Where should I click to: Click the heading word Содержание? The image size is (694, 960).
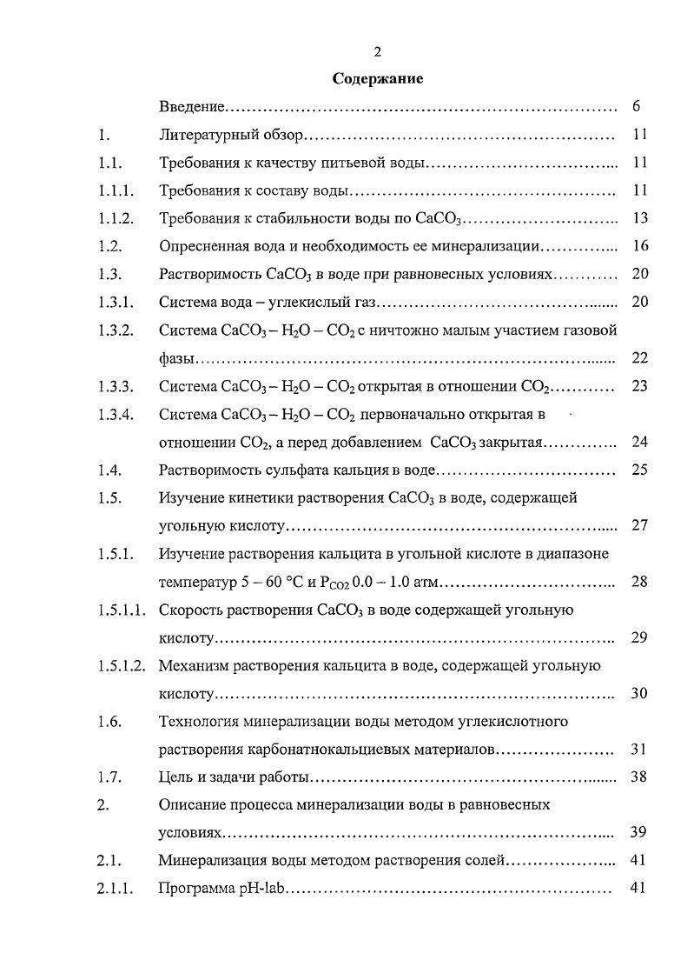coord(378,79)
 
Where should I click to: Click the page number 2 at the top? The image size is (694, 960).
coord(378,52)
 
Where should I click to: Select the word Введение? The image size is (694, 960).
coord(192,107)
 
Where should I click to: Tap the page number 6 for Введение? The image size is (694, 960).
coord(637,107)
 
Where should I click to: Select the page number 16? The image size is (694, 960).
coord(640,247)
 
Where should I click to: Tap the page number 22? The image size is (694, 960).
coord(640,358)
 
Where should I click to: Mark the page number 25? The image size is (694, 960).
coord(640,470)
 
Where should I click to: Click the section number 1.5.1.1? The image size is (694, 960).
coord(122,610)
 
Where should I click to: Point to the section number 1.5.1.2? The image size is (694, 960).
coord(122,666)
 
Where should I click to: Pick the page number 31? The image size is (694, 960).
coord(640,750)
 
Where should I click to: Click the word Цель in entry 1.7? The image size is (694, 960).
coord(176,777)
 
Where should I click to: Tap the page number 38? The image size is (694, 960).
coord(640,777)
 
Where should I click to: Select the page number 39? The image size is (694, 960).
coord(640,833)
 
